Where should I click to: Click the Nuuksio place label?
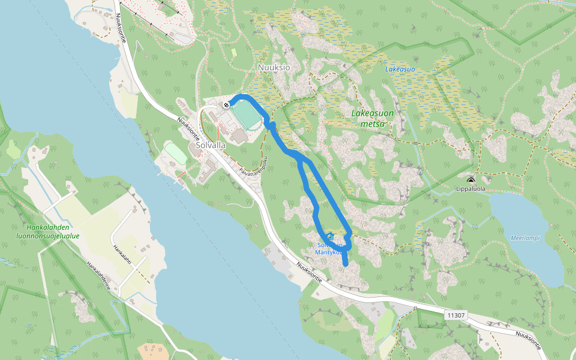click(x=274, y=67)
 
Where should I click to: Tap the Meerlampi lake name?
click(x=524, y=238)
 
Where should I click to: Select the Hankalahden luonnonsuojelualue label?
click(x=53, y=232)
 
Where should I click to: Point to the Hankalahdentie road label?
click(x=98, y=275)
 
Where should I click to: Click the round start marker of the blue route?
click(x=226, y=105)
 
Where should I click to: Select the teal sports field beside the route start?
click(x=247, y=114)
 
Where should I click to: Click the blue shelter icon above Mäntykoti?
click(x=329, y=236)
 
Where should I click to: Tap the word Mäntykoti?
click(x=328, y=252)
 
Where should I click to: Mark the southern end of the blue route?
click(x=345, y=263)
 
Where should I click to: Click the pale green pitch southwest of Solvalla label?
click(x=176, y=152)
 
